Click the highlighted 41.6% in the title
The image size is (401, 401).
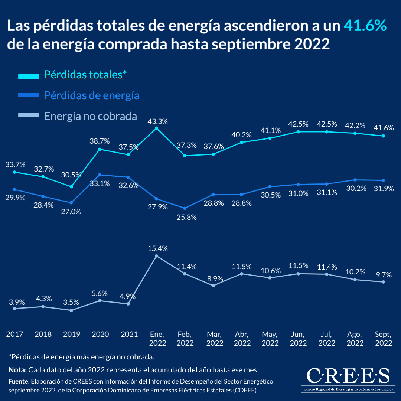(x=365, y=26)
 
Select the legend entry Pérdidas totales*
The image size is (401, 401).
(x=85, y=74)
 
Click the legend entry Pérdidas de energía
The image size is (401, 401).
(x=91, y=95)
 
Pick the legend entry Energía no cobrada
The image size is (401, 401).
(x=90, y=116)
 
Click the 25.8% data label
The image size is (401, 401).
(x=185, y=218)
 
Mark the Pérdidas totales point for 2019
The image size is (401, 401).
(x=71, y=187)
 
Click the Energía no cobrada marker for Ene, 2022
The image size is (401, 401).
(x=156, y=256)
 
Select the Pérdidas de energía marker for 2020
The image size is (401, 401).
(x=100, y=175)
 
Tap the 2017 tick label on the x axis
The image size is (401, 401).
(x=14, y=334)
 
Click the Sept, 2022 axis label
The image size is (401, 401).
(x=384, y=338)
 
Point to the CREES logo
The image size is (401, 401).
(x=348, y=378)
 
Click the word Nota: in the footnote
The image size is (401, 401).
(x=17, y=370)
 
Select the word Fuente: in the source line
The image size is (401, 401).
(x=19, y=381)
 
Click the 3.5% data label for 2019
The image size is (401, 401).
(x=71, y=302)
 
